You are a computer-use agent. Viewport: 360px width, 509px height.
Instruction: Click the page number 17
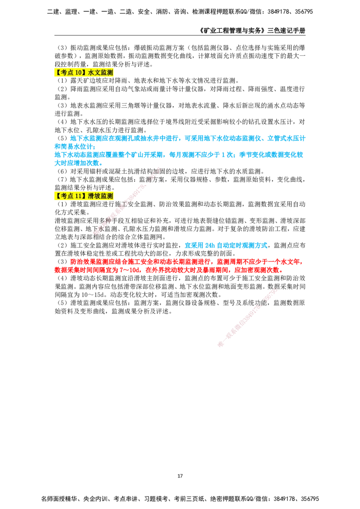pyautogui.click(x=180, y=476)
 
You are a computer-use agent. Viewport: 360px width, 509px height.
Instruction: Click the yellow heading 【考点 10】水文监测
pyautogui.click(x=84, y=72)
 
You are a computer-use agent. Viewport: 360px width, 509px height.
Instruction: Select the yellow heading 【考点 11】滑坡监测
pyautogui.click(x=84, y=196)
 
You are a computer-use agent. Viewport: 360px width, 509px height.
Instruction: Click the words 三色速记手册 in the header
pyautogui.click(x=286, y=31)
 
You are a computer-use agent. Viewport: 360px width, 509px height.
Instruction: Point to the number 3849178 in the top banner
pyautogui.click(x=279, y=12)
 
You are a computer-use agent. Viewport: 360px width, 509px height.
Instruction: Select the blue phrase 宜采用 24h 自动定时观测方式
pyautogui.click(x=226, y=245)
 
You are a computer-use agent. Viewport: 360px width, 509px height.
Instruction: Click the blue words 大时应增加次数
pyautogui.click(x=78, y=163)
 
